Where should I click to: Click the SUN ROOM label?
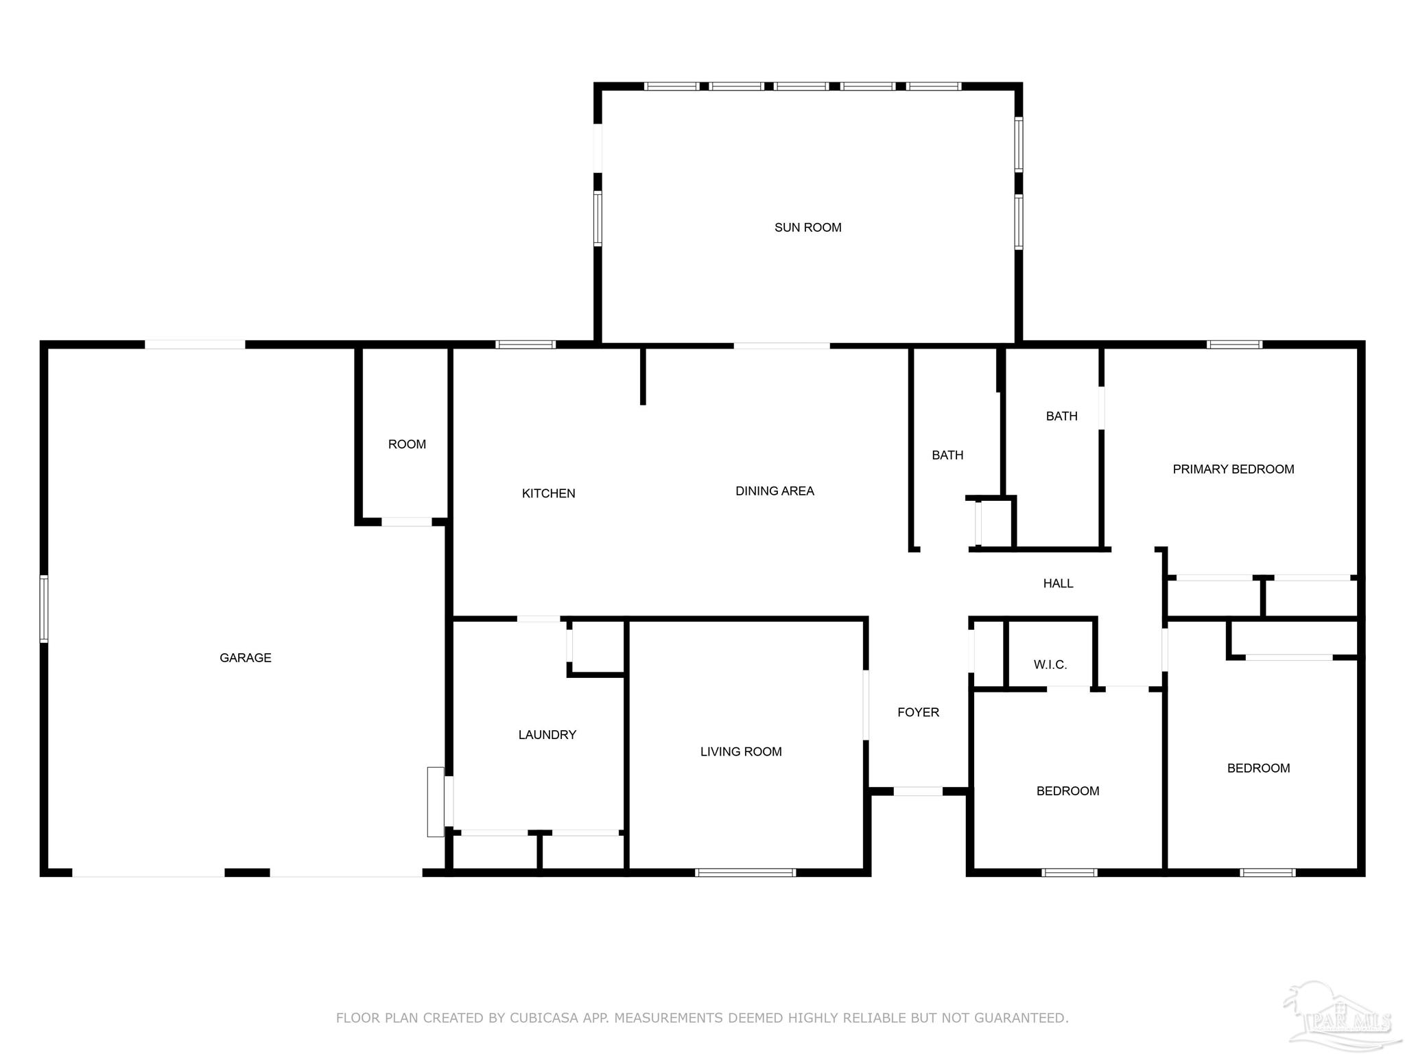click(x=807, y=228)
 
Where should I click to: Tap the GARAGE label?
click(x=246, y=658)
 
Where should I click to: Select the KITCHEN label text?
click(x=548, y=493)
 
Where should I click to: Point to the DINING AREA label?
click(x=775, y=491)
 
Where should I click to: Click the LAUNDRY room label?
click(x=547, y=735)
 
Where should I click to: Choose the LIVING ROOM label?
click(x=741, y=752)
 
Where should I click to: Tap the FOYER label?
click(x=918, y=712)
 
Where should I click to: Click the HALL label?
click(x=1058, y=583)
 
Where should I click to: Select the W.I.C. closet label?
click(x=1050, y=665)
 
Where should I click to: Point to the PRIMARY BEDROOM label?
click(x=1233, y=469)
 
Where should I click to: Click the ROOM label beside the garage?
click(x=407, y=445)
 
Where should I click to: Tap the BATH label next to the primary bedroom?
click(x=1061, y=417)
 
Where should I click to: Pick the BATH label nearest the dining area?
click(x=947, y=456)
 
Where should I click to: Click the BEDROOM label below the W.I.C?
click(x=1067, y=791)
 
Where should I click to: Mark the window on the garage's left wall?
click(x=44, y=609)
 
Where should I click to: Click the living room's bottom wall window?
click(x=745, y=873)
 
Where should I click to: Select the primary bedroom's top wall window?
click(x=1234, y=344)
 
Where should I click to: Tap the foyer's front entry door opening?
click(x=918, y=791)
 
